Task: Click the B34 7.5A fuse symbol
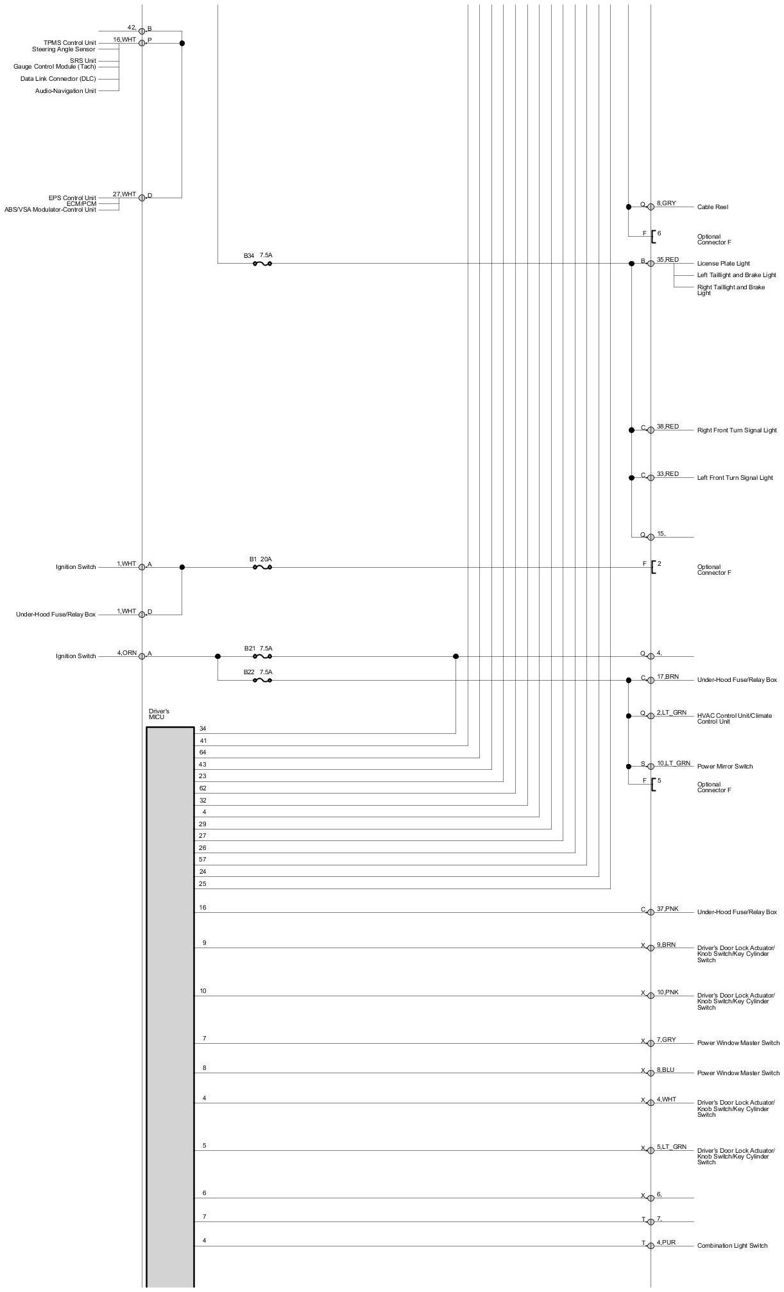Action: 262,263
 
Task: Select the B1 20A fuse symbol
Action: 262,567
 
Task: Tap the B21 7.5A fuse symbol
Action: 262,656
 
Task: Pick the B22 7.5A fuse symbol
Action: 262,680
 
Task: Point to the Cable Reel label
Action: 712,207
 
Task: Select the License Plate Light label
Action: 723,264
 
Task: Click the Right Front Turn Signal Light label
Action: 737,430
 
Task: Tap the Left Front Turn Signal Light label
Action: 735,478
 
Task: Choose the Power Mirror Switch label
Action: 725,767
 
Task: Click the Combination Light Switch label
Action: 732,1246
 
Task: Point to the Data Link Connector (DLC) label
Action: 58,79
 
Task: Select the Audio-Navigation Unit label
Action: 65,91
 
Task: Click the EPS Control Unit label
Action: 72,198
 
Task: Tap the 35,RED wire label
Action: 667,260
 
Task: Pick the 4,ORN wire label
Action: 126,653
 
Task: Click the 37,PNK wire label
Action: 667,909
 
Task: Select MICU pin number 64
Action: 203,752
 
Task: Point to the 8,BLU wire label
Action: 665,1071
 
